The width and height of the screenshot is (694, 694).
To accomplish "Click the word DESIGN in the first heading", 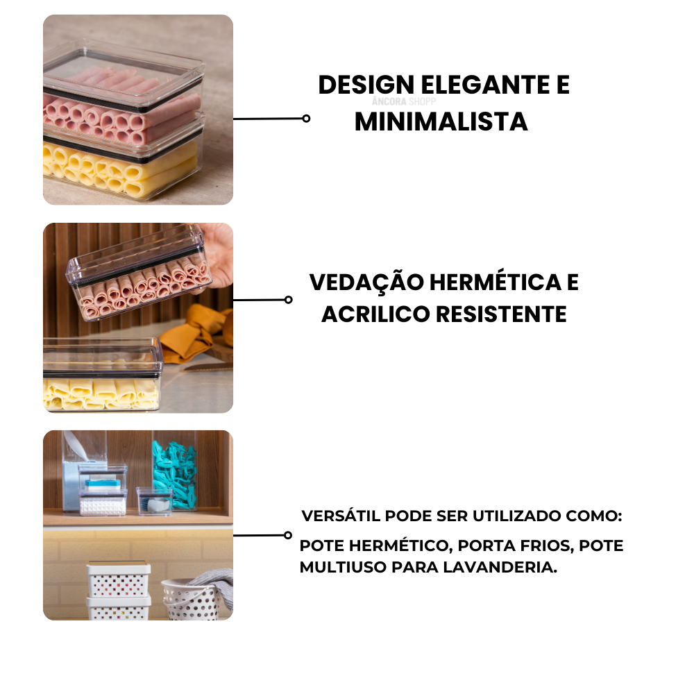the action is pos(366,85).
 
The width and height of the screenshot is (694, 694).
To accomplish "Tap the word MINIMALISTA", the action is pos(441,121).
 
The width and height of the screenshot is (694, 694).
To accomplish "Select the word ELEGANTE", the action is pos(484,85).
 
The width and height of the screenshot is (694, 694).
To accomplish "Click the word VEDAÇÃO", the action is pos(366,282).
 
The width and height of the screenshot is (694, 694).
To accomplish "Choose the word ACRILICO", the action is pos(375,314).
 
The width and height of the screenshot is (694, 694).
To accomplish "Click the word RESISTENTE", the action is pos(502,314).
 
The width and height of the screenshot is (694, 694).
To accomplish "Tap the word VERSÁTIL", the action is pos(341,516).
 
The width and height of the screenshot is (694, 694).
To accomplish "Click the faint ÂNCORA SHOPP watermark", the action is pos(404,101).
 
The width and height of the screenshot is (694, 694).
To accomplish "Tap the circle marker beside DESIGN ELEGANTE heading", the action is pos(306,119).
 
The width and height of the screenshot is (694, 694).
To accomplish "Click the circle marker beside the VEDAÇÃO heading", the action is pos(289,300).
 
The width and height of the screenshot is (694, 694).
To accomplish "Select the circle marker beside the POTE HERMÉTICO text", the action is pos(288,535).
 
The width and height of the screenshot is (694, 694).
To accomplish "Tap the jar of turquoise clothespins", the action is pos(174,473).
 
